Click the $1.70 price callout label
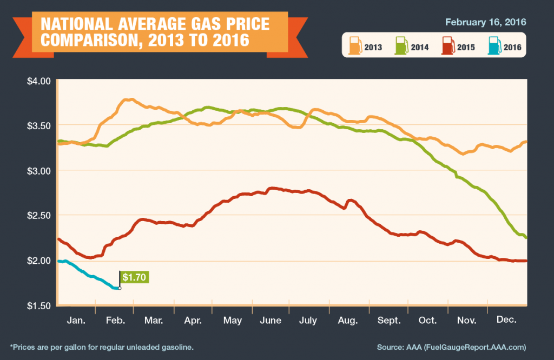(x=134, y=277)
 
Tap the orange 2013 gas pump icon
(x=355, y=45)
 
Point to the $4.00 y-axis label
(x=38, y=81)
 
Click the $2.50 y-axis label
(x=38, y=216)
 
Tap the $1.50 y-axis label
(x=38, y=305)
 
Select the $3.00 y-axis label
(x=38, y=171)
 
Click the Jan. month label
(x=76, y=321)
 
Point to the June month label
(x=271, y=321)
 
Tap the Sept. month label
(x=389, y=321)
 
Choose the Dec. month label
(x=507, y=321)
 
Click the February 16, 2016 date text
(x=485, y=22)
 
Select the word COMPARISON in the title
(x=95, y=40)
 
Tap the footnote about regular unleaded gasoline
(x=101, y=346)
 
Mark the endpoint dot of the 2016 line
(x=120, y=288)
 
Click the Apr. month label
(x=193, y=321)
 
